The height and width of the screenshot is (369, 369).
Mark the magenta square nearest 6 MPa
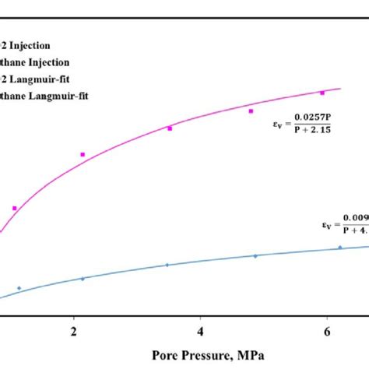[321, 94]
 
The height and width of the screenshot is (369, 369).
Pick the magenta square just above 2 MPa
[83, 154]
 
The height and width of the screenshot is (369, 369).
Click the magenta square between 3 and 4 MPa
[170, 128]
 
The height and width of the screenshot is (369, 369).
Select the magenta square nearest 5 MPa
[251, 111]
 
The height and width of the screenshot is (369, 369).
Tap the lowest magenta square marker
[15, 208]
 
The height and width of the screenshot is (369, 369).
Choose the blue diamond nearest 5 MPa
[255, 255]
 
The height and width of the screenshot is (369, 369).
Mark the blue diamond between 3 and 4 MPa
[167, 265]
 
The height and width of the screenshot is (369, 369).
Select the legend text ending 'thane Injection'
[36, 62]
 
